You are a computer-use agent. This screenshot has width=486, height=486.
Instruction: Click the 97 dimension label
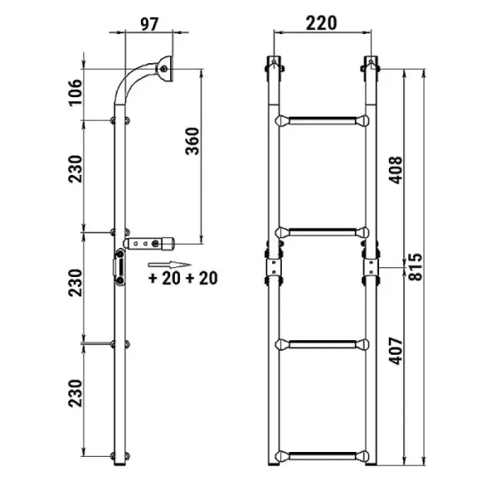pos(149,24)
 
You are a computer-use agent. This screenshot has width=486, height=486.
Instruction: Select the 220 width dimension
pos(321,23)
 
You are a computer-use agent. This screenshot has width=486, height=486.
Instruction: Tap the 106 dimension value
pos(75,92)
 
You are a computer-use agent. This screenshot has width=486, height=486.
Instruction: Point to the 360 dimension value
pos(193,141)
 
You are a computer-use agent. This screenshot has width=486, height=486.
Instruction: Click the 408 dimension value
pos(396,170)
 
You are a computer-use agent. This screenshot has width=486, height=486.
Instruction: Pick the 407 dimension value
pos(396,351)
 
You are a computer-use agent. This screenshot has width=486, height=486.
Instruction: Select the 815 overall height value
pos(416,267)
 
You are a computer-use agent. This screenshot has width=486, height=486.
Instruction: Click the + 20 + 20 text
pos(183,278)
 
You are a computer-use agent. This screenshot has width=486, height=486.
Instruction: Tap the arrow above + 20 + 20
pos(169,265)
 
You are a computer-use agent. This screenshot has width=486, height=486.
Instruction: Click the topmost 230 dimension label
pos(75,169)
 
